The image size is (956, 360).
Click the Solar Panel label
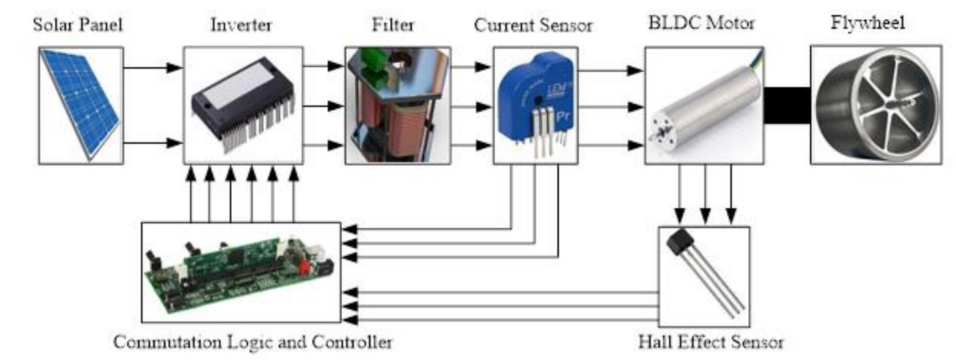click(81, 26)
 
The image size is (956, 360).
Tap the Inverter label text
click(242, 26)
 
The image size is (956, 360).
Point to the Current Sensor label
click(534, 26)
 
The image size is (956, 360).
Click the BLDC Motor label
click(701, 24)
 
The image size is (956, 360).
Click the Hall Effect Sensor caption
click(710, 343)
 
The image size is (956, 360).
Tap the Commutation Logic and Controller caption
click(253, 343)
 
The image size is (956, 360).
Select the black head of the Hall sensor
click(682, 241)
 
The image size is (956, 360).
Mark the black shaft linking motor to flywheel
click(786, 106)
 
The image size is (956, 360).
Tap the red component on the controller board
click(305, 268)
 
